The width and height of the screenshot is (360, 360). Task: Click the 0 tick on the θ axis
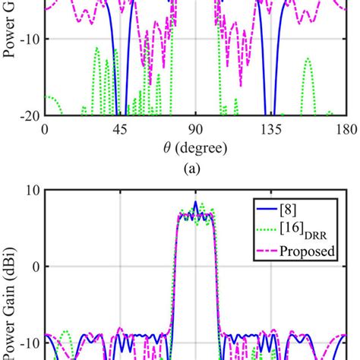[x=45, y=129]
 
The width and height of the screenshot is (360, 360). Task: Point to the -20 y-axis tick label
[x=28, y=116]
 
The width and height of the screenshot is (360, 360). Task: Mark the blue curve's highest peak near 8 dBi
[x=195, y=203]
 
